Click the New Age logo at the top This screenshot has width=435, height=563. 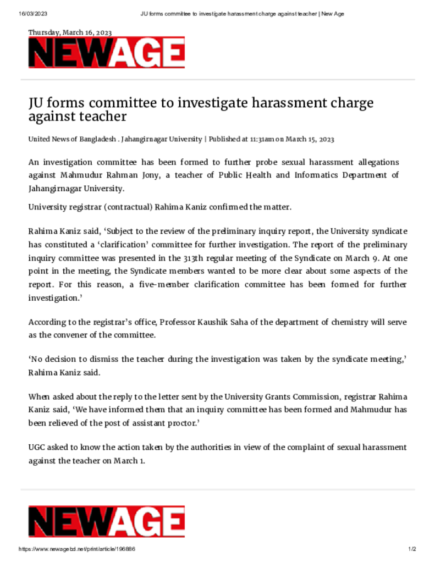[106, 53]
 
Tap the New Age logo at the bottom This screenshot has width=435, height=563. [106, 521]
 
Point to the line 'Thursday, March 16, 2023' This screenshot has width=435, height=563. [70, 32]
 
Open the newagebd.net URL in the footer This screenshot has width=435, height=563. [77, 549]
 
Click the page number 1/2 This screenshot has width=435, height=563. [412, 549]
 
